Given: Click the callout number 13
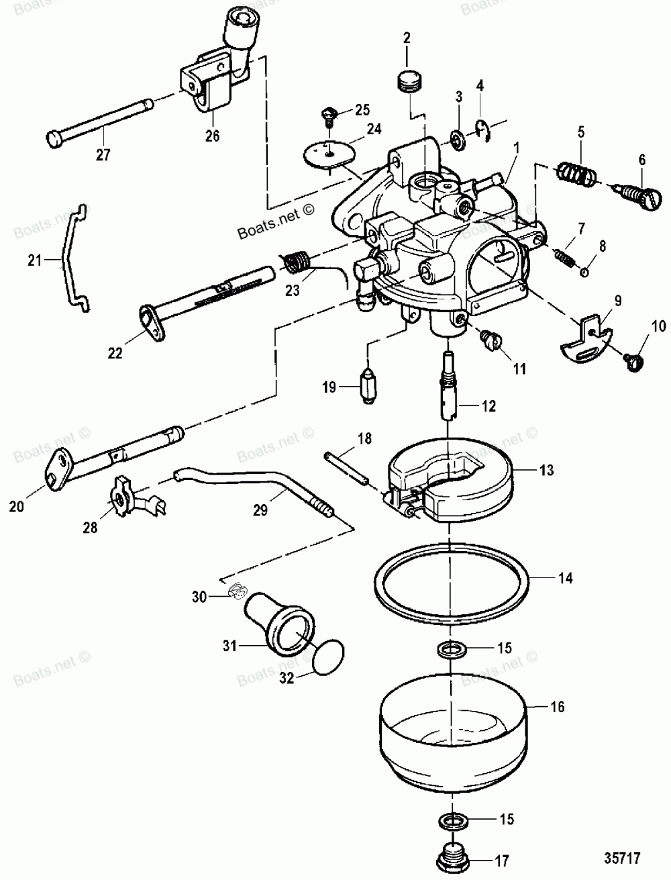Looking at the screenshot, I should pyautogui.click(x=548, y=470).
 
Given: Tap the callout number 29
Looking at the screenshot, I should pyautogui.click(x=259, y=510).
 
